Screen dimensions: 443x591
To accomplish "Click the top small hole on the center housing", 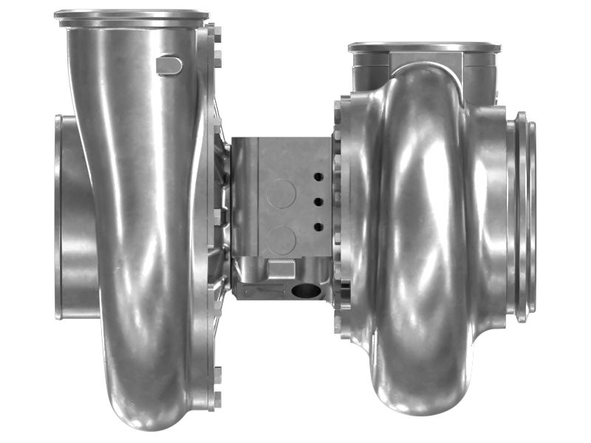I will click(x=317, y=177).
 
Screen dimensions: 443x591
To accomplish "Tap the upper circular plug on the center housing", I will click(x=281, y=193).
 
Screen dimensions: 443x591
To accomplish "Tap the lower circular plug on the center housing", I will click(x=281, y=241).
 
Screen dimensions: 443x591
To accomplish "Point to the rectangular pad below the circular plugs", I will click(x=281, y=268).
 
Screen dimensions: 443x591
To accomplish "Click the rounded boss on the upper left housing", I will click(x=169, y=66).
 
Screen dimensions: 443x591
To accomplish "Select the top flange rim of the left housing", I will click(x=131, y=16).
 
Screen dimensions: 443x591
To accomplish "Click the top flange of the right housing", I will click(x=424, y=47).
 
